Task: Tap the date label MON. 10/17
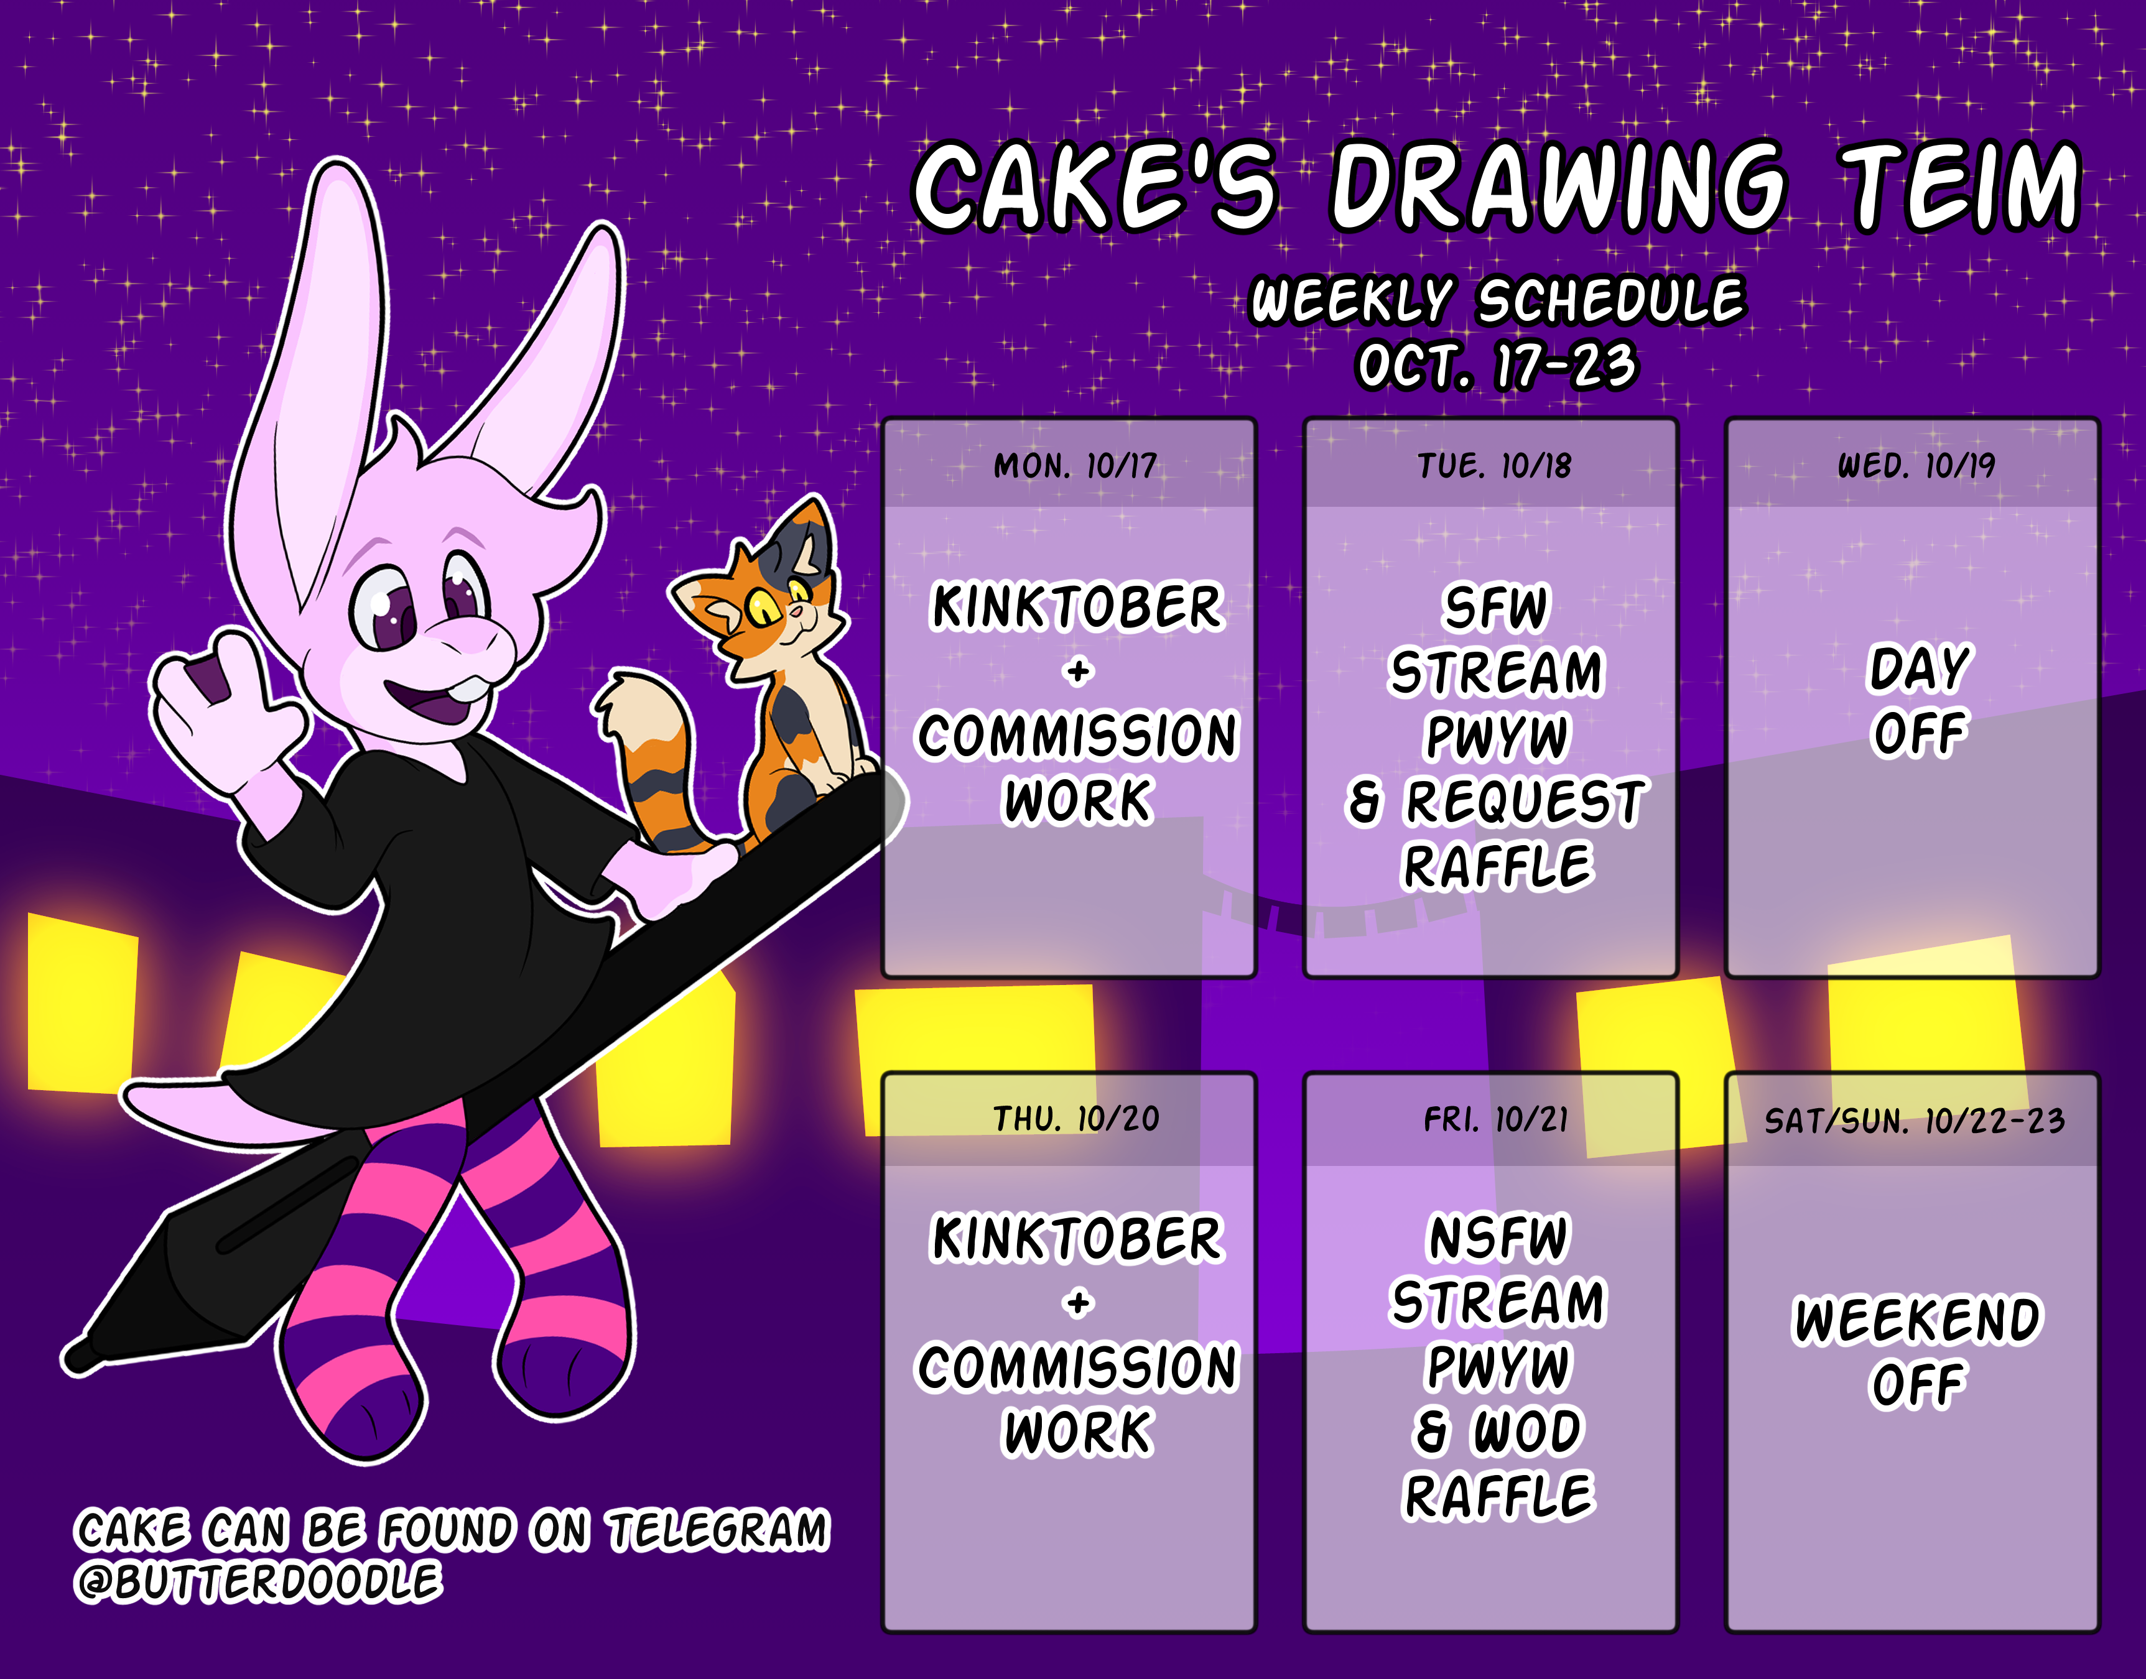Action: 1075,465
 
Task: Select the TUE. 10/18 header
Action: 1494,465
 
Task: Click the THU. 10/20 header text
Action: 1075,1119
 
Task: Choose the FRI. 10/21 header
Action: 1495,1119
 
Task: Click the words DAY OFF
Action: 1919,701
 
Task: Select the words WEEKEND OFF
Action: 1918,1352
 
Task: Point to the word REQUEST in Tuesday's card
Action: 1525,801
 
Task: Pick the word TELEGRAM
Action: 718,1530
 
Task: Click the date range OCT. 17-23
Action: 1497,366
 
